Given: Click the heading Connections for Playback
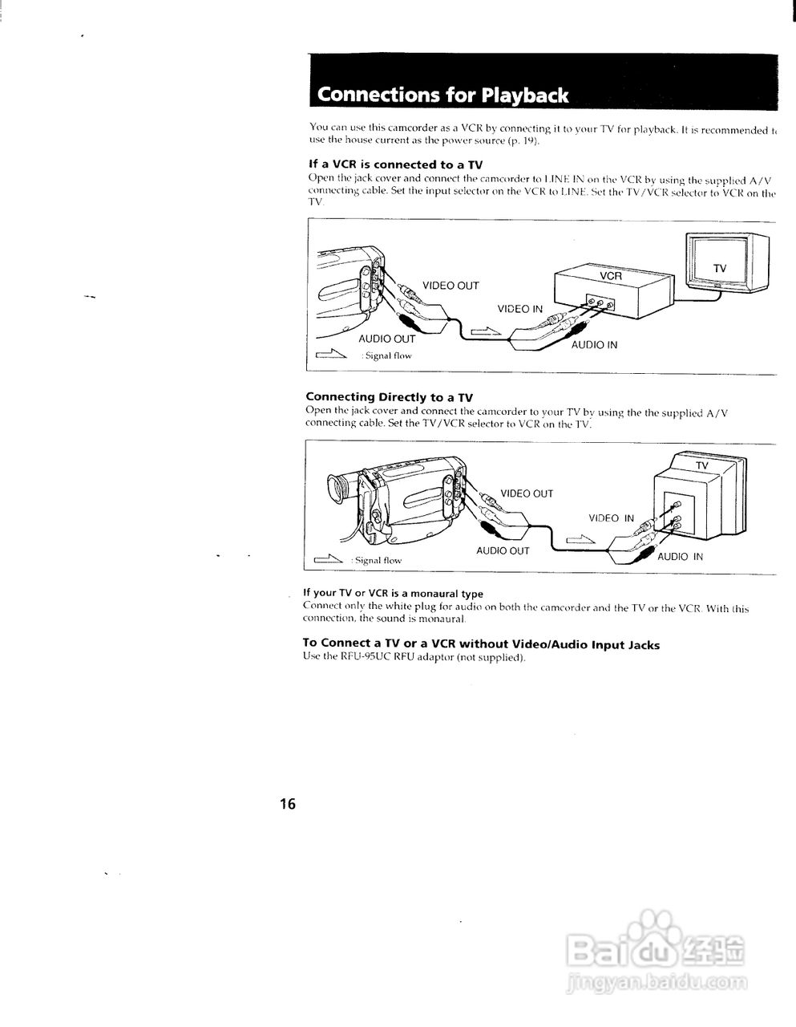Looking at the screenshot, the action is pyautogui.click(x=442, y=95).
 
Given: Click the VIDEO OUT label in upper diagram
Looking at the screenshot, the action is pyautogui.click(x=451, y=286).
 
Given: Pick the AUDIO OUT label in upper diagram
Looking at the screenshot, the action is pyautogui.click(x=387, y=339).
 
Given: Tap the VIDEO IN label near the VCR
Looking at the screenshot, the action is pyautogui.click(x=519, y=309).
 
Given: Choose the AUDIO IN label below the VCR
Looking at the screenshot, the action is pyautogui.click(x=594, y=345).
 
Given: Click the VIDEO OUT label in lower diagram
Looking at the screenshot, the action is pyautogui.click(x=527, y=493).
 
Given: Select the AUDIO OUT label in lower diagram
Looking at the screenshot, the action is pyautogui.click(x=503, y=551).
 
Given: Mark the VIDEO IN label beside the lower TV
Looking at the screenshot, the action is pyautogui.click(x=611, y=518).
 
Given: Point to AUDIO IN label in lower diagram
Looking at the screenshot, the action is pyautogui.click(x=680, y=557).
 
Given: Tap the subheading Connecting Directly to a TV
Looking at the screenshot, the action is pyautogui.click(x=389, y=396).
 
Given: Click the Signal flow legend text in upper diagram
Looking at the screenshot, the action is pyautogui.click(x=388, y=355).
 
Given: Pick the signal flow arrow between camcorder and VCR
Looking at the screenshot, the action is pyautogui.click(x=486, y=330).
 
